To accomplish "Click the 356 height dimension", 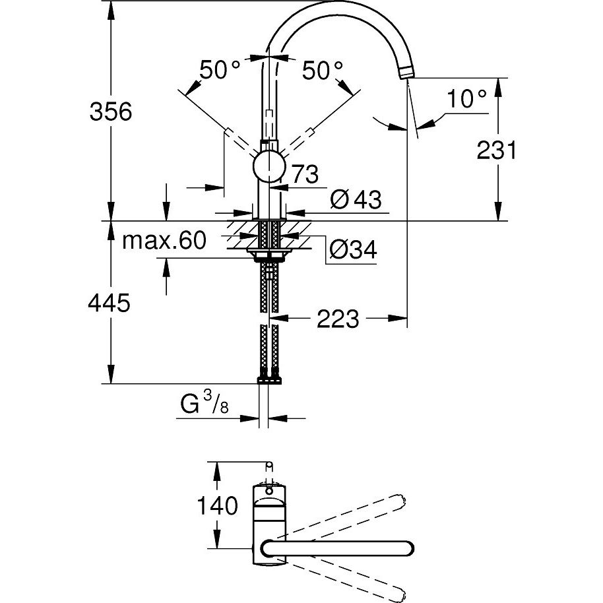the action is tap(111, 111).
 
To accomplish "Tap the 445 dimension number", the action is tap(110, 303).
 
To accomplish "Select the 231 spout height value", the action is tap(497, 150).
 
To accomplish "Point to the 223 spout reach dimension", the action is tap(338, 319).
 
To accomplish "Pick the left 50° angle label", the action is tap(220, 70).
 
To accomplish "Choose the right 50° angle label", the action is tap(322, 70).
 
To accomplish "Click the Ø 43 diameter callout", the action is tap(356, 199).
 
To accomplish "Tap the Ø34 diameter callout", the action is tap(353, 250).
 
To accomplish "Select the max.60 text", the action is tap(164, 240).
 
